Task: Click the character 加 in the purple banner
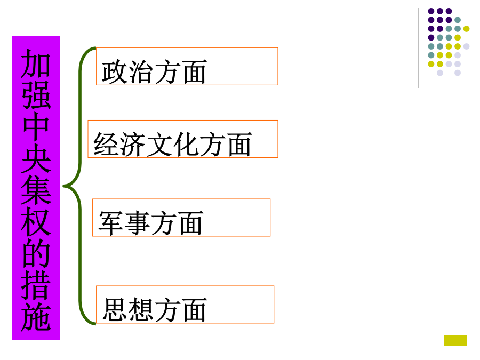[x=36, y=63]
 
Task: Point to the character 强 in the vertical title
[x=36, y=95]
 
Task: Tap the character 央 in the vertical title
[x=36, y=158]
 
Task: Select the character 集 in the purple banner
[x=36, y=190]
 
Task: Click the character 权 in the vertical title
[x=36, y=221]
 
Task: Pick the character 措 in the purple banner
[x=36, y=285]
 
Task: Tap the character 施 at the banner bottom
[x=36, y=316]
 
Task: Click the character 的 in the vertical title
[x=36, y=253]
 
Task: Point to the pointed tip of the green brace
[x=63, y=186]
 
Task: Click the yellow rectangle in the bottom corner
[x=455, y=340]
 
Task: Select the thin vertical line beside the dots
[x=418, y=48]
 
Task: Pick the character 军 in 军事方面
[x=110, y=223]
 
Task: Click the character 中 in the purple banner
[x=36, y=126]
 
